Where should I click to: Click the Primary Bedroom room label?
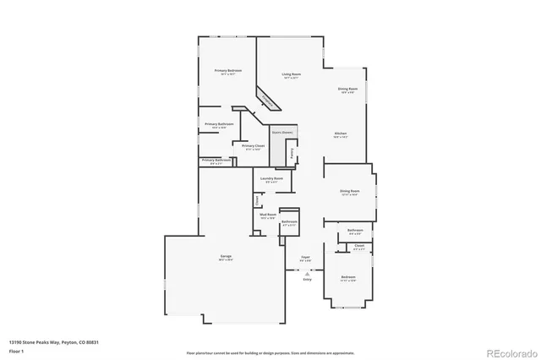227,70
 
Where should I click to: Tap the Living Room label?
292,75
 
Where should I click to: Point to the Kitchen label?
341,134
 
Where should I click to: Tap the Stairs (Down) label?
281,133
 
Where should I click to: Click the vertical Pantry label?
292,154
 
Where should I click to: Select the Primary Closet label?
254,146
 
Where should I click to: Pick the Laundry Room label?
271,179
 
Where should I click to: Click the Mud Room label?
268,215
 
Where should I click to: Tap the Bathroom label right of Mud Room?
288,221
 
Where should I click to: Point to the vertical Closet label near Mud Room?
257,200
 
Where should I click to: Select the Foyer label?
307,258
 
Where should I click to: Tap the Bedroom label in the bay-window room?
348,277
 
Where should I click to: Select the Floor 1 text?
16,349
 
